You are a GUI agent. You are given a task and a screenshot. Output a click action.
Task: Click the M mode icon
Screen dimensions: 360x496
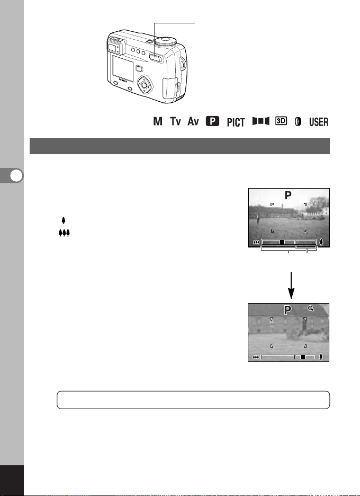click(x=158, y=121)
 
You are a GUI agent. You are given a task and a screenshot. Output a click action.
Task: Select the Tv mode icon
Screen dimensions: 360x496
click(x=175, y=121)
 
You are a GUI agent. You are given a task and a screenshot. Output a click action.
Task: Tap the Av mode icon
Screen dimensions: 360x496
click(x=193, y=121)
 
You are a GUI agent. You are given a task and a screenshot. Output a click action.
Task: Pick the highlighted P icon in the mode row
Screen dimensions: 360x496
click(x=212, y=121)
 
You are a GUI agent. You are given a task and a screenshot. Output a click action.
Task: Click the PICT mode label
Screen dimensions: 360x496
click(x=236, y=122)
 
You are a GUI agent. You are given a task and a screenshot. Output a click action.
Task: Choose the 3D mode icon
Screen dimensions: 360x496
click(x=281, y=121)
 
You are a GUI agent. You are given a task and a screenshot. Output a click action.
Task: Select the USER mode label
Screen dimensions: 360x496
click(x=319, y=122)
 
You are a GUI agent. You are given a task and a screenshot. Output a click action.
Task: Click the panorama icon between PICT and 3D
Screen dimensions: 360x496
click(x=261, y=121)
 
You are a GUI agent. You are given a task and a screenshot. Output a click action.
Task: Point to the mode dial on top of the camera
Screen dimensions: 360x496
click(x=167, y=41)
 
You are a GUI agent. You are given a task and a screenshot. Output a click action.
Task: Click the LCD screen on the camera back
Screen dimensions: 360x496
click(x=123, y=68)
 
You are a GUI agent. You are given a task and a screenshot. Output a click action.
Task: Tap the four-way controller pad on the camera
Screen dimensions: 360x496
click(x=145, y=85)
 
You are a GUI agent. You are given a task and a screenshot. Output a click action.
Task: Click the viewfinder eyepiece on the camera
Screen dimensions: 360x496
click(x=114, y=47)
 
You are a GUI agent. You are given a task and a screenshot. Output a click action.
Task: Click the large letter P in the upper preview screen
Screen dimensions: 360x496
click(x=288, y=196)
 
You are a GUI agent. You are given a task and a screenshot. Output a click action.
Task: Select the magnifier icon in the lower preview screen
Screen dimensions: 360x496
click(x=311, y=308)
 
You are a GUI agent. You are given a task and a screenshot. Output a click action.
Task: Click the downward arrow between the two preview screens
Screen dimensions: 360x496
click(x=291, y=285)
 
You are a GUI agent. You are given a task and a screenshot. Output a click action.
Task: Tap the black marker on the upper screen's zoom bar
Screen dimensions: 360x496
click(x=282, y=242)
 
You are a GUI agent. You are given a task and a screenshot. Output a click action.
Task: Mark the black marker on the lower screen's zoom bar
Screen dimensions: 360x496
click(x=302, y=357)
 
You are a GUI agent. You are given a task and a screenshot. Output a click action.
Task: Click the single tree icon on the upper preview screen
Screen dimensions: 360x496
click(x=321, y=242)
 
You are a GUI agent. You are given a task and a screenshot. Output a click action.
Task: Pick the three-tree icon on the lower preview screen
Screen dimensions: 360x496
click(x=256, y=357)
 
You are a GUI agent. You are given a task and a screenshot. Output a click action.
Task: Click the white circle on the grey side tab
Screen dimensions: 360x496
click(x=16, y=175)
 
